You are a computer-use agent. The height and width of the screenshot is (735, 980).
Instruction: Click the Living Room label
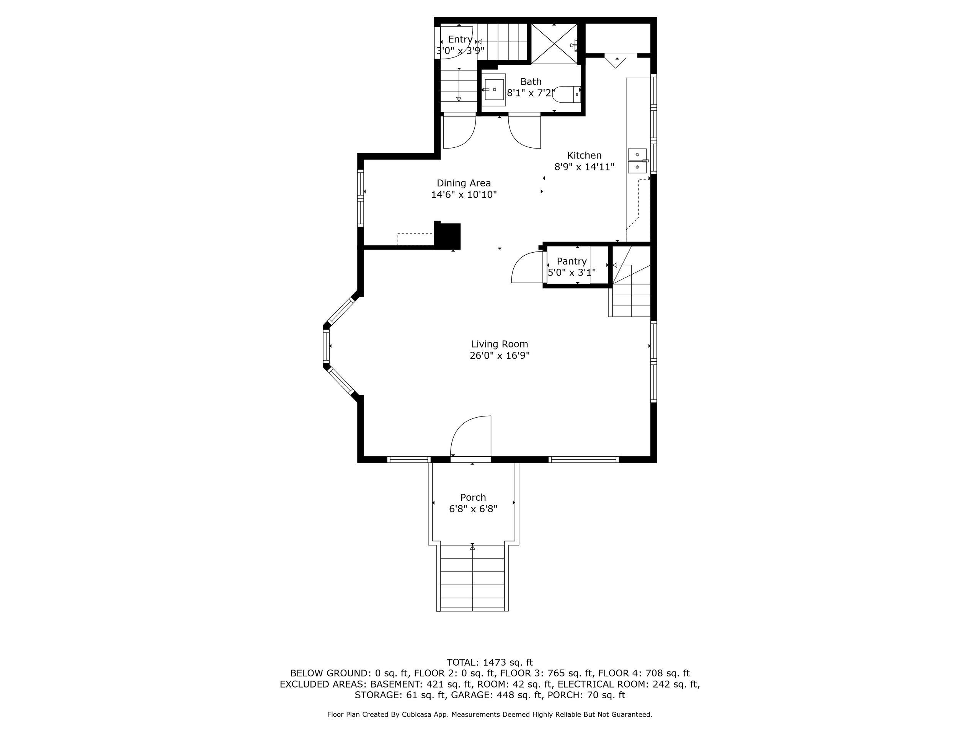coord(499,344)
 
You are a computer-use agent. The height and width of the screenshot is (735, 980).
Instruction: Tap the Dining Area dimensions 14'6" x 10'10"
coord(464,194)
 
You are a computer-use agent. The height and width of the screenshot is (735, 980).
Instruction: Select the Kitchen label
coord(584,155)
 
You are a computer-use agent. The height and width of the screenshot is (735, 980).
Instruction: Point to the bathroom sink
coord(493,90)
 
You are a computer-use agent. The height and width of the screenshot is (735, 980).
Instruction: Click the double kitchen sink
coord(637,160)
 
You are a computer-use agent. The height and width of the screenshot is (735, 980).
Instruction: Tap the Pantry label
coord(572,261)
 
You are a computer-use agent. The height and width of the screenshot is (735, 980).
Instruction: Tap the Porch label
coord(473,497)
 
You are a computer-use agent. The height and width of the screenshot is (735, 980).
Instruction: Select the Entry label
coord(459,39)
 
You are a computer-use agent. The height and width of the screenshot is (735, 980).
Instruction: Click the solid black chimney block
coord(448,236)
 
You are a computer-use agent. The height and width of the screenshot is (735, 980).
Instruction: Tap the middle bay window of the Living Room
coord(327,346)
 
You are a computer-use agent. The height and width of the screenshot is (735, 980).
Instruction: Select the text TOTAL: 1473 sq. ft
coord(490,662)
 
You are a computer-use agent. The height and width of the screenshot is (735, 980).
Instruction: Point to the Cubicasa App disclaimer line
coord(490,715)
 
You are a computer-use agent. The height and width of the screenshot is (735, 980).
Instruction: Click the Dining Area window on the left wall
coord(361,198)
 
